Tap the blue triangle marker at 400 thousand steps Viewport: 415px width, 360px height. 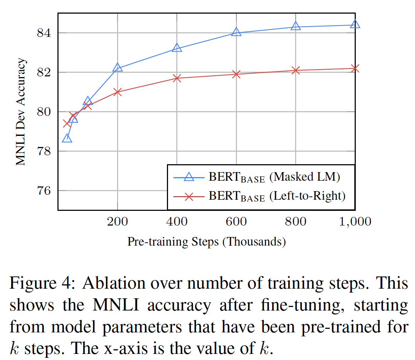(177, 48)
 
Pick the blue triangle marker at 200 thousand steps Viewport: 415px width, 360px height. (117, 68)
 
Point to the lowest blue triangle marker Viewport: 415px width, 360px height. (67, 139)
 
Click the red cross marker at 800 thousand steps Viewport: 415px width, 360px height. (295, 70)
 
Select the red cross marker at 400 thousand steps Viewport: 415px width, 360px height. (177, 78)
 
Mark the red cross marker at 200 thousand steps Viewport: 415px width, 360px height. (117, 92)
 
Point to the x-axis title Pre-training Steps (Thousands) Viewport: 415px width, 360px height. (206, 242)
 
